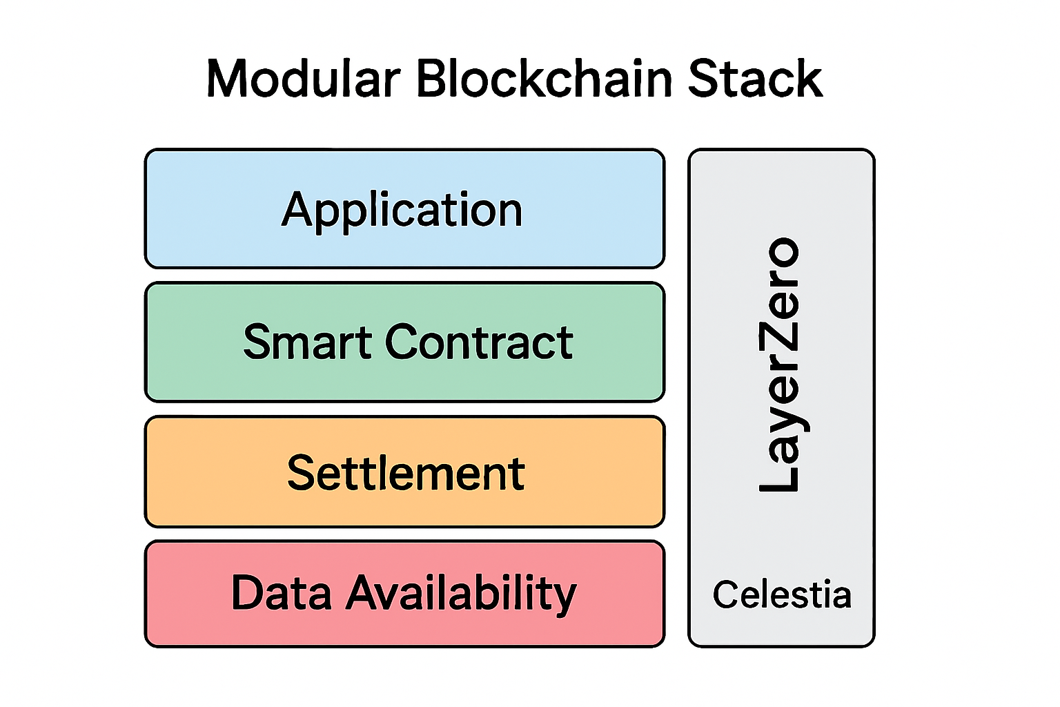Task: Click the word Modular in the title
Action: coord(303,79)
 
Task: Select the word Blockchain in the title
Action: coord(544,79)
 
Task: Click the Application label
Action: coord(402,210)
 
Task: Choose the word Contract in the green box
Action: coord(479,342)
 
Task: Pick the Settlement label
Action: coord(406,474)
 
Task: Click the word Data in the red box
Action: coord(281,593)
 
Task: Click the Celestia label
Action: coord(782,594)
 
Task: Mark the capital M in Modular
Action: coord(228,79)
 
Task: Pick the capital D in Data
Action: coord(248,593)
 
